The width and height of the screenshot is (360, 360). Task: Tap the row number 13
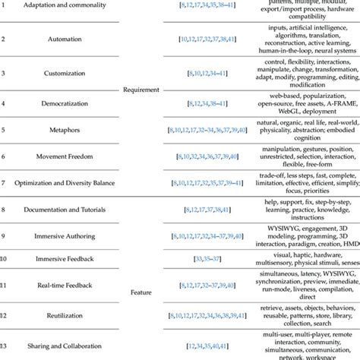pyautogui.click(x=5, y=346)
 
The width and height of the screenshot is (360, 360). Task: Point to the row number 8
pyautogui.click(x=4, y=209)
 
